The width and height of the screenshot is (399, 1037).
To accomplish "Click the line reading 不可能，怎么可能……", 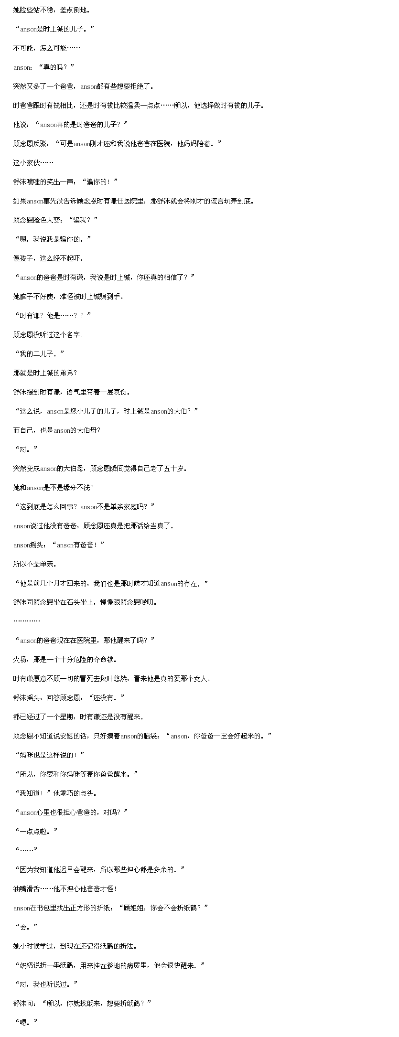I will tap(47, 48).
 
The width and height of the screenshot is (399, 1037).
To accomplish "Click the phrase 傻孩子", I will tap(23, 258).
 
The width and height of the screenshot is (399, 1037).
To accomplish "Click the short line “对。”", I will tap(26, 449).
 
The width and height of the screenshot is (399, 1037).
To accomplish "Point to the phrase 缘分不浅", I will tap(76, 487).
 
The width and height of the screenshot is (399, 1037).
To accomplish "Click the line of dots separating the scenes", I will tap(26, 621).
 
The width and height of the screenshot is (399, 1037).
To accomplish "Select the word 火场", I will tap(20, 659).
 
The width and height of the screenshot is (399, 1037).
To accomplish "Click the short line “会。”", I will tap(26, 927).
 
